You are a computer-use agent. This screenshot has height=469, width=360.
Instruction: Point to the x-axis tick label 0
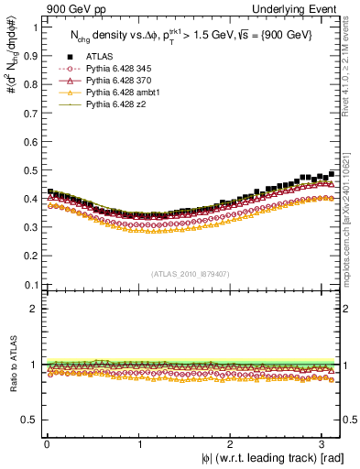(46, 442)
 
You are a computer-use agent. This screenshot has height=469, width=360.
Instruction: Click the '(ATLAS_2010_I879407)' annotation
(189, 273)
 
